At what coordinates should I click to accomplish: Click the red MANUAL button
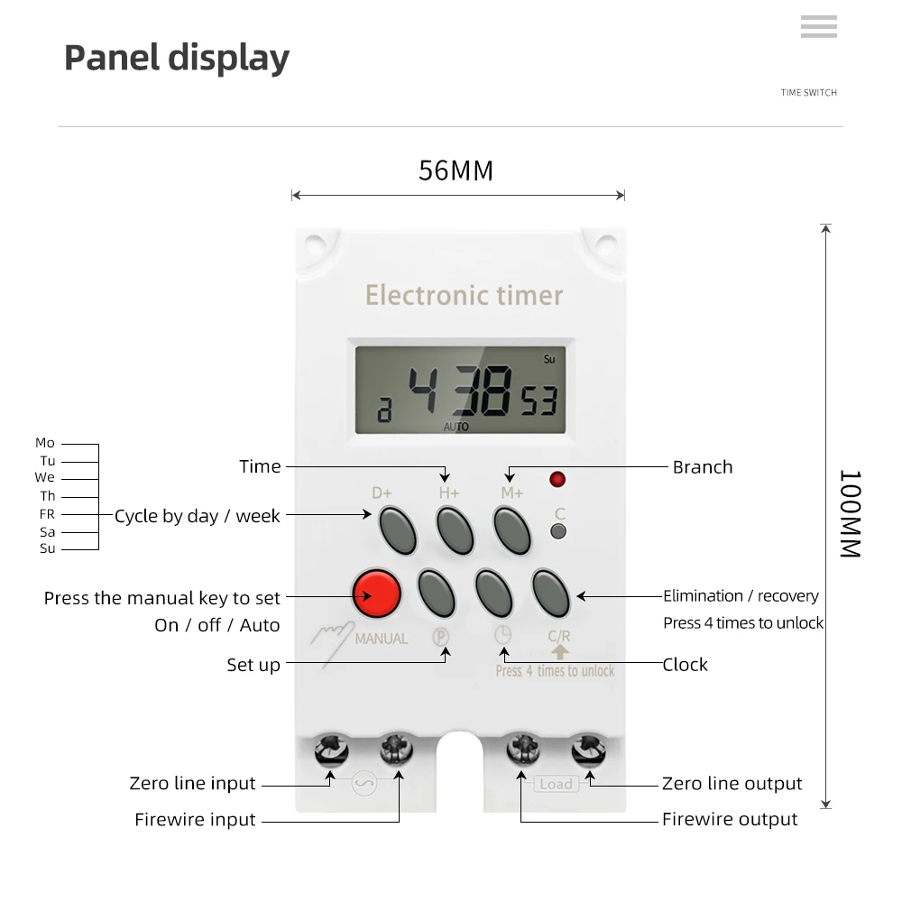click(x=376, y=593)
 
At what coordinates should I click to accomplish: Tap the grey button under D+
click(x=397, y=529)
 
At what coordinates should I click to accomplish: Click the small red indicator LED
click(x=557, y=479)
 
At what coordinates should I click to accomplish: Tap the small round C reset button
click(x=558, y=531)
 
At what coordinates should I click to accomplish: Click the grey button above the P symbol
click(x=437, y=592)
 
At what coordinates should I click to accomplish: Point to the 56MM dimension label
click(x=456, y=170)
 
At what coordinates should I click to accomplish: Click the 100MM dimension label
click(x=850, y=513)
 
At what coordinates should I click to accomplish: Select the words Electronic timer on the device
click(x=464, y=295)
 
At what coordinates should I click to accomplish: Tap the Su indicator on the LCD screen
click(x=549, y=359)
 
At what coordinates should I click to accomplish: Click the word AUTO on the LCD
click(x=456, y=427)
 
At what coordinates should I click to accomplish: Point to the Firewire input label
click(x=195, y=820)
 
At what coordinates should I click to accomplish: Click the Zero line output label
click(x=732, y=784)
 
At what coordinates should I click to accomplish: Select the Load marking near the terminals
click(x=556, y=784)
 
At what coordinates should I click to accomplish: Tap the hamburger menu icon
click(x=818, y=27)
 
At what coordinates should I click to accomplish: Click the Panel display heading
click(x=177, y=58)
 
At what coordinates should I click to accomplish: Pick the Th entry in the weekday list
click(x=48, y=496)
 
